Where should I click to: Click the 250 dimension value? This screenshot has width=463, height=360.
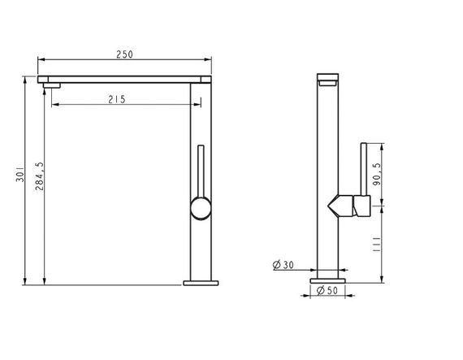click(124, 54)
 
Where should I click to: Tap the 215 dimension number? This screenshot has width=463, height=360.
click(117, 99)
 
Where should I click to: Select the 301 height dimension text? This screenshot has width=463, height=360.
click(20, 174)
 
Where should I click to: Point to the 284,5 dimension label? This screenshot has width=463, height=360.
click(39, 176)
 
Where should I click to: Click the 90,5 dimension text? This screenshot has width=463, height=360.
click(377, 174)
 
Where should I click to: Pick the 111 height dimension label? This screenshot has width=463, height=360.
click(376, 244)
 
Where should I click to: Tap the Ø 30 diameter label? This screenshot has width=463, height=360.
click(283, 265)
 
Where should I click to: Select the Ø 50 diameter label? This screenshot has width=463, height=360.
click(327, 290)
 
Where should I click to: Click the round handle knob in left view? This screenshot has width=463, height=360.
click(201, 208)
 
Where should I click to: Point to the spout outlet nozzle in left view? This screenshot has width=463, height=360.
click(52, 85)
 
